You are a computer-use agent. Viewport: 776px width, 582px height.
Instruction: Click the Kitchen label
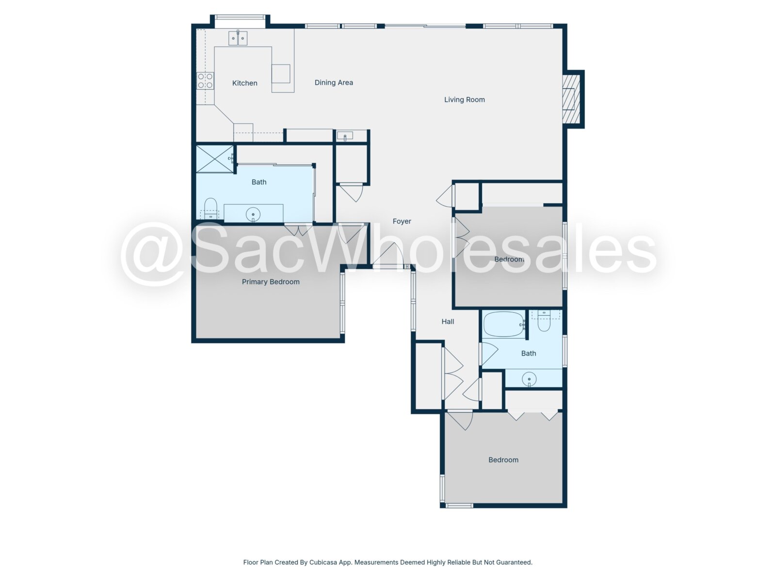tap(244, 83)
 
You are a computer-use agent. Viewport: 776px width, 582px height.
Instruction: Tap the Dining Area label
tap(333, 82)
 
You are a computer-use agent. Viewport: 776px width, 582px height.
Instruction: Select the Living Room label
tap(464, 99)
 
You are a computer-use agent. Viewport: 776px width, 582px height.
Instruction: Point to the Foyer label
tap(402, 221)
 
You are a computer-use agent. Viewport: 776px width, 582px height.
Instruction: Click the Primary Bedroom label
tap(271, 282)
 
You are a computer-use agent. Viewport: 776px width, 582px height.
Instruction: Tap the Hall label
tap(448, 321)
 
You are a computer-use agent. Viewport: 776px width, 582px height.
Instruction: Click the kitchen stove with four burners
tap(205, 81)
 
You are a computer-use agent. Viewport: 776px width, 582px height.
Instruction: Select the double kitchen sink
tap(238, 38)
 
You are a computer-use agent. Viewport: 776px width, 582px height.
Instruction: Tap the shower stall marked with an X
tap(214, 159)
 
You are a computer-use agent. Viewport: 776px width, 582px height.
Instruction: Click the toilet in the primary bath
tap(210, 208)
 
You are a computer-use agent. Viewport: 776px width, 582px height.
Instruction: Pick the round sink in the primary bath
tap(253, 214)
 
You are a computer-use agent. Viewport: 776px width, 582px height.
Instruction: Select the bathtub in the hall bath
tap(504, 324)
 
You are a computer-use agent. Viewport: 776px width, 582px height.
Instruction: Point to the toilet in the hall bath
tap(544, 321)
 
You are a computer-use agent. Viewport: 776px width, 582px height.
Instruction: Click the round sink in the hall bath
tap(529, 379)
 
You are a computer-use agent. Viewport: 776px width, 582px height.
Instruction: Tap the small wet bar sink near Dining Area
tap(345, 136)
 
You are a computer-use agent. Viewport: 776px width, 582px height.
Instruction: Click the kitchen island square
tap(281, 74)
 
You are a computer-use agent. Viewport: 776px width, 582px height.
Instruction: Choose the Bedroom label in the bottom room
tap(503, 460)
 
